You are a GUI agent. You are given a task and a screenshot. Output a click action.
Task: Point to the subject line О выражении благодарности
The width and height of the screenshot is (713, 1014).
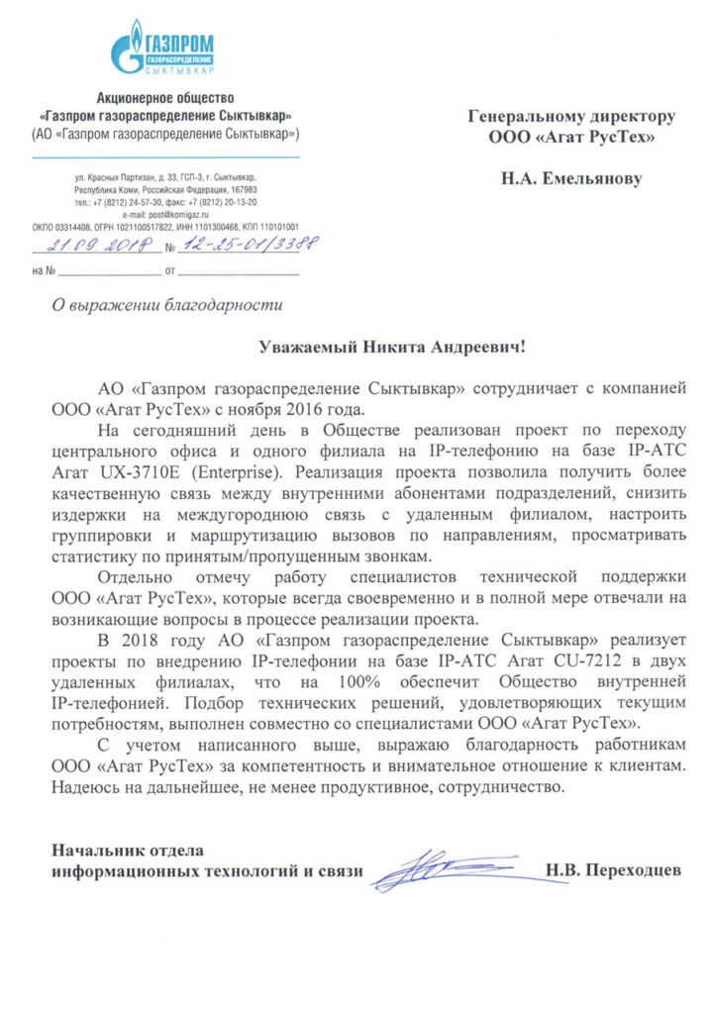tap(167, 305)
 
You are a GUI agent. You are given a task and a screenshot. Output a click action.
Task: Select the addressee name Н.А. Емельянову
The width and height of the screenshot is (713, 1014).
tap(571, 179)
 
